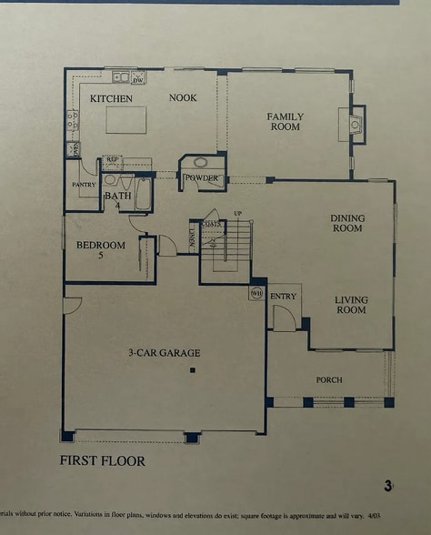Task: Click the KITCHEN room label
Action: coord(111,98)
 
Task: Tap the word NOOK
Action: coord(183,97)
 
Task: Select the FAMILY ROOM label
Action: coord(285,121)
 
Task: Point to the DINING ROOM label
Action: coord(346,223)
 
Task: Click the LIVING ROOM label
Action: coord(350,305)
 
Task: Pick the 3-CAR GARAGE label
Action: coord(164,353)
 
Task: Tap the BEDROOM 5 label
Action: coord(100,249)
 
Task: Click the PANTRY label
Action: coord(84,185)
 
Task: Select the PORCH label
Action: coord(329,379)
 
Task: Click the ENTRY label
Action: coord(284,296)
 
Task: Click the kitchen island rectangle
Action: coord(125,119)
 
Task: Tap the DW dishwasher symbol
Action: coord(139,78)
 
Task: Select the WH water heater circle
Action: coord(256,293)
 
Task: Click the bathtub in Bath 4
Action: coord(143,195)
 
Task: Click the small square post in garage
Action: coord(192,371)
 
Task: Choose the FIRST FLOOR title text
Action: coord(103,461)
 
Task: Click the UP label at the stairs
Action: coord(238,213)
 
